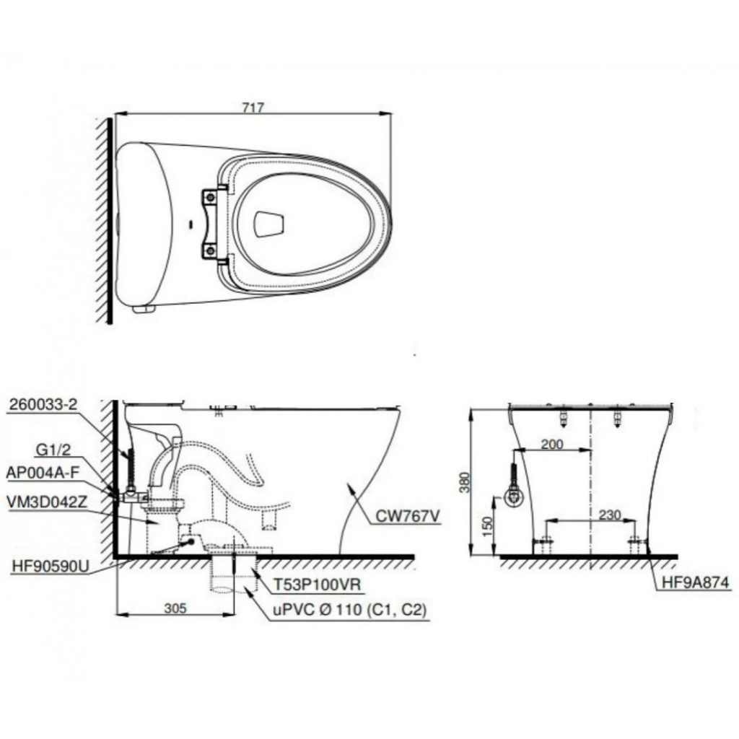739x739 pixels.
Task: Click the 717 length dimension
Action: (x=253, y=108)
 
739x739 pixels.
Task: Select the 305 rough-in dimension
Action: (x=175, y=608)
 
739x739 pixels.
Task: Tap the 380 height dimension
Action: (x=465, y=482)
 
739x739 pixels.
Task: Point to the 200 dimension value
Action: (x=552, y=444)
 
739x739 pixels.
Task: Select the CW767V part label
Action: (x=408, y=517)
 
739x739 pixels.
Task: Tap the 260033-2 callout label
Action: (x=42, y=404)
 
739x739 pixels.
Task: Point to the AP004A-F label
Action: (x=42, y=473)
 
